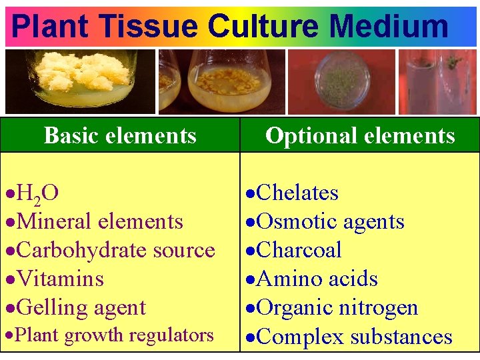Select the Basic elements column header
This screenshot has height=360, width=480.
click(120, 136)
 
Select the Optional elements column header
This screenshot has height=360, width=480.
click(360, 136)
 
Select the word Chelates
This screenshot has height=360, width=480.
click(297, 193)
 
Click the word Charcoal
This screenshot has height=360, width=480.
click(299, 250)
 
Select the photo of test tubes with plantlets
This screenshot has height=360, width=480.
click(437, 81)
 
